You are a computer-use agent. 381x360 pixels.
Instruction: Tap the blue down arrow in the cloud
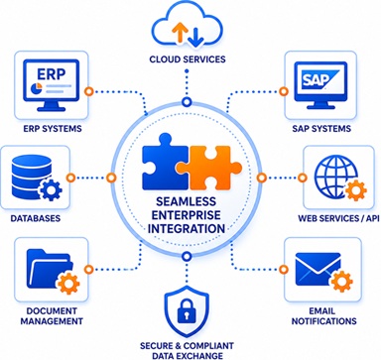point(195,38)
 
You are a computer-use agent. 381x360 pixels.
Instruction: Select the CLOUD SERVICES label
point(188,60)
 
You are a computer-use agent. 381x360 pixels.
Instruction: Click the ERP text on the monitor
point(52,74)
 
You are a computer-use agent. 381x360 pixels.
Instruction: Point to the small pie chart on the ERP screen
point(36,89)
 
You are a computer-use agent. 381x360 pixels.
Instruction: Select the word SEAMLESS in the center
point(186,201)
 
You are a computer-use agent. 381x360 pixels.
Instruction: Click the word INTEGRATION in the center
point(187,228)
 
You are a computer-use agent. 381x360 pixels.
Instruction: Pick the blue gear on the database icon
point(50,188)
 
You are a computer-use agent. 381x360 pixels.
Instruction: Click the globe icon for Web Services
point(335,177)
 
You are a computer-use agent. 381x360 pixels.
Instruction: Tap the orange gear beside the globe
point(355,190)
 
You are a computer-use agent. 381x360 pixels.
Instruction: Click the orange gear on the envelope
point(341,282)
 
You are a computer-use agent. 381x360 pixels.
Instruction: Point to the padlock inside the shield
point(187,311)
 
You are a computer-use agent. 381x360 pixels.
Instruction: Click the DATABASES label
point(36,218)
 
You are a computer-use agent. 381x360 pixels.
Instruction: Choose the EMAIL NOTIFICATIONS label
point(323,316)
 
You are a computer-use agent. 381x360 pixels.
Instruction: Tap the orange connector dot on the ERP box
point(88,91)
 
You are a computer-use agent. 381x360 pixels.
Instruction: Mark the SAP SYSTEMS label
point(321,128)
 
